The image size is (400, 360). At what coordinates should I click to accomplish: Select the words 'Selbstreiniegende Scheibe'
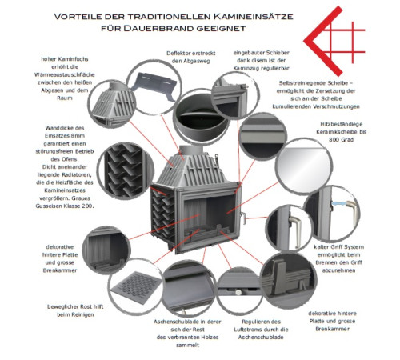point(319,82)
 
